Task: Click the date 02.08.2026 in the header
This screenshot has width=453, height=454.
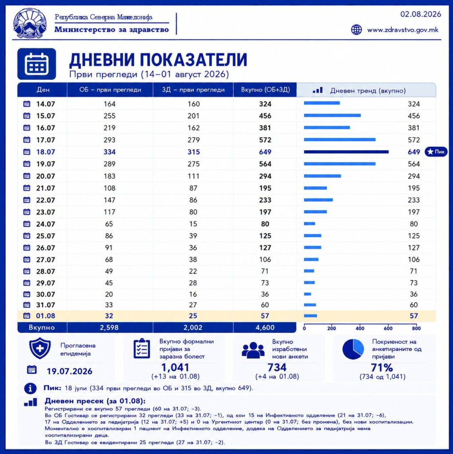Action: point(421,14)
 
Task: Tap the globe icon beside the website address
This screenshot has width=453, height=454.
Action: point(356,30)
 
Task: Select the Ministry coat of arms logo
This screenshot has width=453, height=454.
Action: point(30,23)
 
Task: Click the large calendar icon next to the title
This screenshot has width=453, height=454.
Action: point(36,64)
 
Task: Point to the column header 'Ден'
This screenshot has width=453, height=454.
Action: point(43,90)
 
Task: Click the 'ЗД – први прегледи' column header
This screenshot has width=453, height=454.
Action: point(193,90)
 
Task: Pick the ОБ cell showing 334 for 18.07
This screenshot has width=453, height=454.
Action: point(109,152)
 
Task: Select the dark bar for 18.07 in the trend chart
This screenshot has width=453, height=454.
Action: point(346,152)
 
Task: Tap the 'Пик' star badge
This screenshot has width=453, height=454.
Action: point(436,152)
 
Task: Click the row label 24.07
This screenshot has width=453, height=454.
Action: point(46,224)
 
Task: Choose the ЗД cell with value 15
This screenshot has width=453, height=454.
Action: point(193,224)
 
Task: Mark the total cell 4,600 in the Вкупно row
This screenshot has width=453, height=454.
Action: point(265,328)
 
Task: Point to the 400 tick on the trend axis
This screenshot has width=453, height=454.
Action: point(360,329)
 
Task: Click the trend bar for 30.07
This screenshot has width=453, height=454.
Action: point(308,294)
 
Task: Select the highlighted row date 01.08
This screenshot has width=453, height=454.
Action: point(46,316)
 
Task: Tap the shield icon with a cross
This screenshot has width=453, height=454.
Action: point(40,348)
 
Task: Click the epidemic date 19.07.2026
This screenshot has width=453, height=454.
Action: point(70,371)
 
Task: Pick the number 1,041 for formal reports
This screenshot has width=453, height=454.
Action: point(175,368)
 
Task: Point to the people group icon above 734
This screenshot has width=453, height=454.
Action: point(253,350)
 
